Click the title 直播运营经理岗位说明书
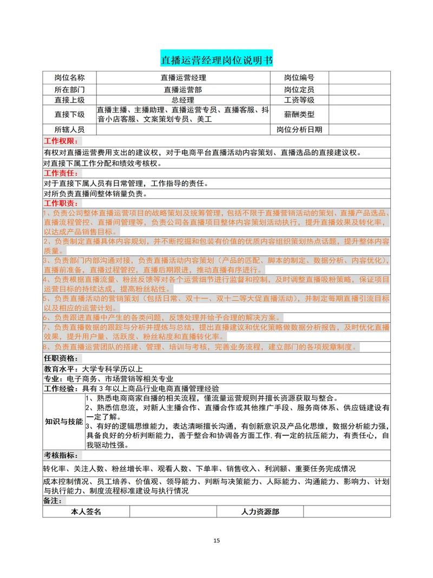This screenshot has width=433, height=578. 216,59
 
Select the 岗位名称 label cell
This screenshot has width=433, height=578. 69,78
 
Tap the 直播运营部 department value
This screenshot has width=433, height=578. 183,89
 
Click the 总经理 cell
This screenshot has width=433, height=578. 183,100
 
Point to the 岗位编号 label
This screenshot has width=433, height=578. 299,78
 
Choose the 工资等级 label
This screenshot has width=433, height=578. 299,100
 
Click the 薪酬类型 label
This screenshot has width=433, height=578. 299,115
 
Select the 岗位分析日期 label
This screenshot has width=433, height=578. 299,130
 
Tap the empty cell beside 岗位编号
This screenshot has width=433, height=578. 359,78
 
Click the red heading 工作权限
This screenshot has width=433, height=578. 61,141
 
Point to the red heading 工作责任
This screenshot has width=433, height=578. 61,173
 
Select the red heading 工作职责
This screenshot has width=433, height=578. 61,204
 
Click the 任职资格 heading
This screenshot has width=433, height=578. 61,358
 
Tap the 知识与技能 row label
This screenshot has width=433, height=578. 64,421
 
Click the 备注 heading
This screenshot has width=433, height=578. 53,501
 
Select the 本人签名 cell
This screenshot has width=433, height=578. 86,511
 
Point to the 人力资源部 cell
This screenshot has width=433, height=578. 260,511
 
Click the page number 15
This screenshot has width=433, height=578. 216,540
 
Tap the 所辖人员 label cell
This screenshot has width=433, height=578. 69,130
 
